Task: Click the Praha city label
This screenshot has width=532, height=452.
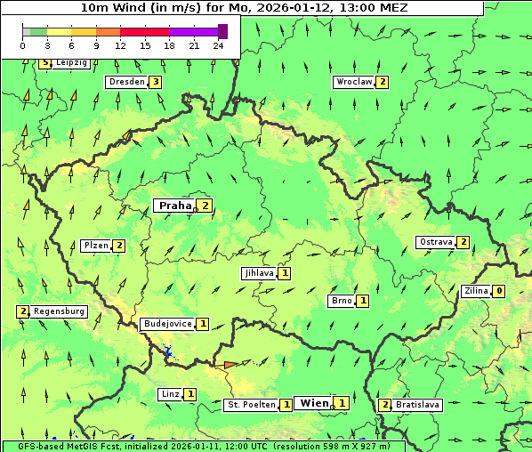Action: click(x=174, y=206)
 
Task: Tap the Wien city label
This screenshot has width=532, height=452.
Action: click(x=314, y=403)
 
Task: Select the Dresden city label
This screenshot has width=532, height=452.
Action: click(x=125, y=82)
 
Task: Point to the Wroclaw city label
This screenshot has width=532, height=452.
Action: click(x=353, y=82)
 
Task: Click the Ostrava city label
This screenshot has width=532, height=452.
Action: click(x=435, y=242)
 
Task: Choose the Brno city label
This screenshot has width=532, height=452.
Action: click(x=342, y=301)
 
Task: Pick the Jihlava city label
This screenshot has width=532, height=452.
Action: click(x=258, y=273)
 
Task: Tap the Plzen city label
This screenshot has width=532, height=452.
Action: click(x=95, y=246)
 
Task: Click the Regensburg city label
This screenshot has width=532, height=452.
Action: click(x=60, y=311)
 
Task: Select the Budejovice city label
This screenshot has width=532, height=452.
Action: click(x=167, y=324)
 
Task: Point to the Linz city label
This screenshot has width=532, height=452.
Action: click(x=170, y=394)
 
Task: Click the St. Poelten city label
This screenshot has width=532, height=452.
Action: click(x=250, y=405)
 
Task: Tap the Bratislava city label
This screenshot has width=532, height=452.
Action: click(x=417, y=405)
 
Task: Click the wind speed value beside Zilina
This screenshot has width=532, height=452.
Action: click(x=499, y=291)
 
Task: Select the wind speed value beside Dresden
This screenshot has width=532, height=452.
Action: click(x=155, y=82)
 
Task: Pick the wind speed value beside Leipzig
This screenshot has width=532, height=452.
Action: click(x=44, y=63)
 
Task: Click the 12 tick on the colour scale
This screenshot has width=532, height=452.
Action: click(x=120, y=45)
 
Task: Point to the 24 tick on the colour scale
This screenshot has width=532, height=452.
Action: click(x=219, y=45)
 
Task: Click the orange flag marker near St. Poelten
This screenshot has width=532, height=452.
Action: click(x=230, y=365)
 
